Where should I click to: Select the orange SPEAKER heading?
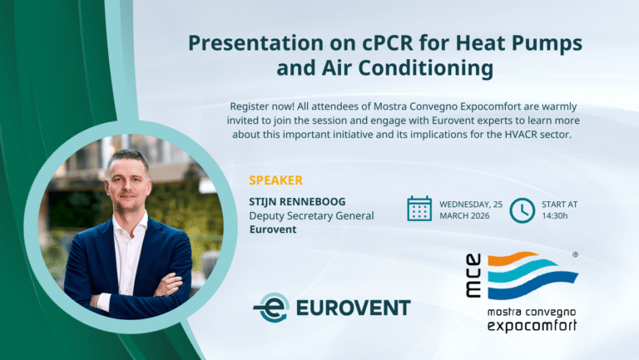point(276,180)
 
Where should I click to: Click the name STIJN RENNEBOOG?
point(298,201)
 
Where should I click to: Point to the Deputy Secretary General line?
point(311,215)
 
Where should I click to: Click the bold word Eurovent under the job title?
point(273,229)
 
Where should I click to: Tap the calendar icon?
point(419,209)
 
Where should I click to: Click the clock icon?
point(522,210)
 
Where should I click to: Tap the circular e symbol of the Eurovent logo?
point(272,308)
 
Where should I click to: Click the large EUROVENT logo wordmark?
point(354,308)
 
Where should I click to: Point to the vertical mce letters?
point(473,275)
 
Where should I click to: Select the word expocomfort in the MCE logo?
point(532,325)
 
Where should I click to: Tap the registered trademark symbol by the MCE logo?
point(576,255)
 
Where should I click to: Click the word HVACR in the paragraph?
point(521,135)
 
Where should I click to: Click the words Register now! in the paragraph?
point(262,106)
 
